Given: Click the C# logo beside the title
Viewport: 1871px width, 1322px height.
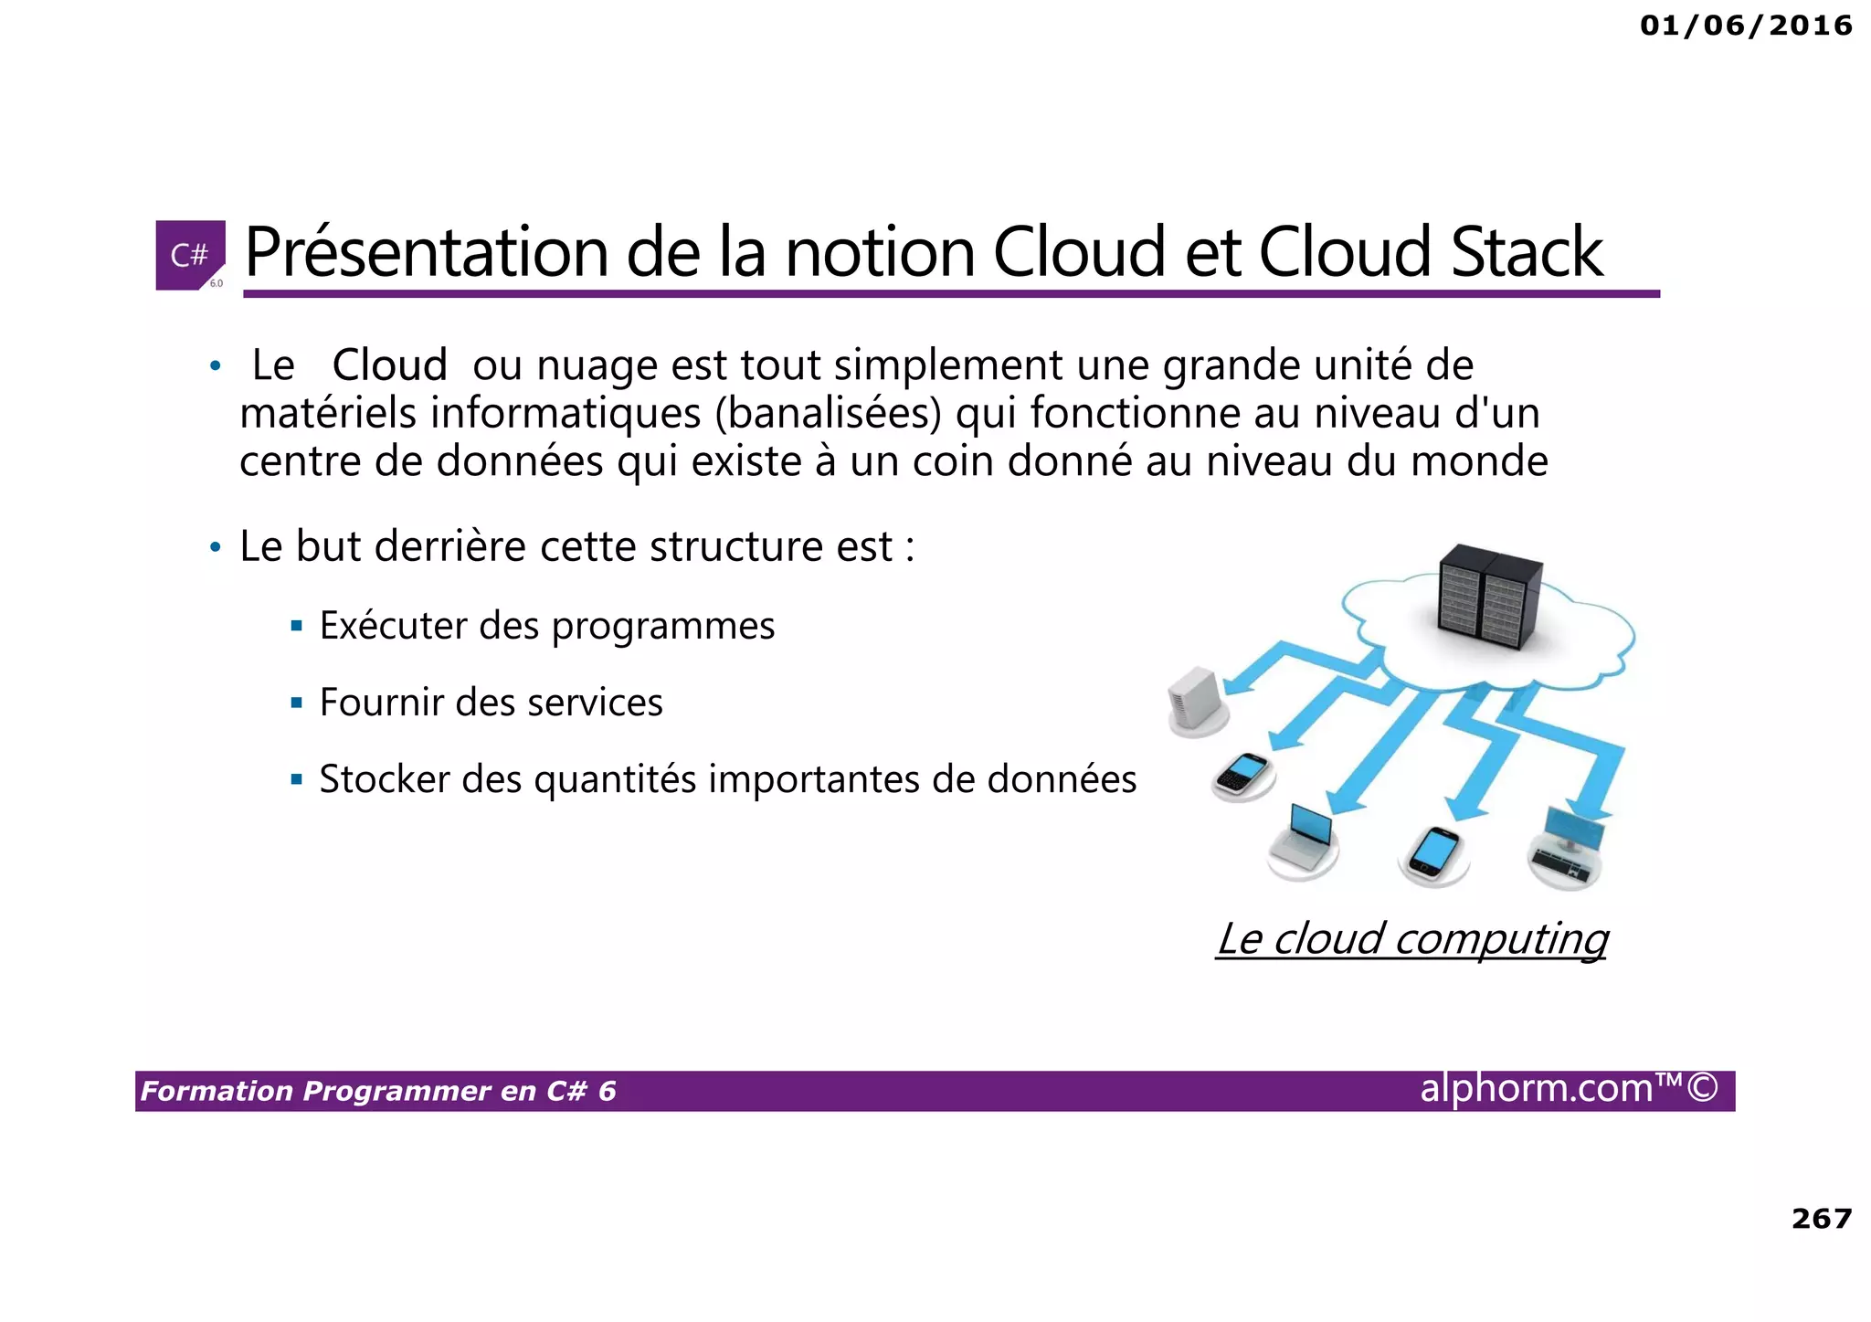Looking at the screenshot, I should click(x=190, y=255).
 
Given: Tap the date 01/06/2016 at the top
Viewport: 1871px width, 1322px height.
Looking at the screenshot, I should click(x=1746, y=26).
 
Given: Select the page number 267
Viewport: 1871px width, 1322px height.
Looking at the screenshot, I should click(x=1821, y=1219).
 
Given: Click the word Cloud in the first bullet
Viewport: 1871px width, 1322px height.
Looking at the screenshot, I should click(x=389, y=365).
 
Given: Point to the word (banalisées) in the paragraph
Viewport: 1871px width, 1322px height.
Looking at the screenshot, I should click(x=828, y=413).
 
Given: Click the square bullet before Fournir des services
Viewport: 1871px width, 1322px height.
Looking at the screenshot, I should click(x=296, y=703).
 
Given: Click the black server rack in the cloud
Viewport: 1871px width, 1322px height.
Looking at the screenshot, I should click(x=1489, y=597).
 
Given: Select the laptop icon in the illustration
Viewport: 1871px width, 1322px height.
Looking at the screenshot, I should click(x=1305, y=839).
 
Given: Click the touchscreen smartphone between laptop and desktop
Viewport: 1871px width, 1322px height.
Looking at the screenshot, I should click(x=1434, y=852).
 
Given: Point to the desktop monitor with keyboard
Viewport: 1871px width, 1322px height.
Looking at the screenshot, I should click(x=1568, y=846).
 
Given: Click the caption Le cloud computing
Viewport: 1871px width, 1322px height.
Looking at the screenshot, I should click(x=1411, y=939).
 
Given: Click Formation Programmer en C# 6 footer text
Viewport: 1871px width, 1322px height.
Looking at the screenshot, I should click(x=378, y=1092).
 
